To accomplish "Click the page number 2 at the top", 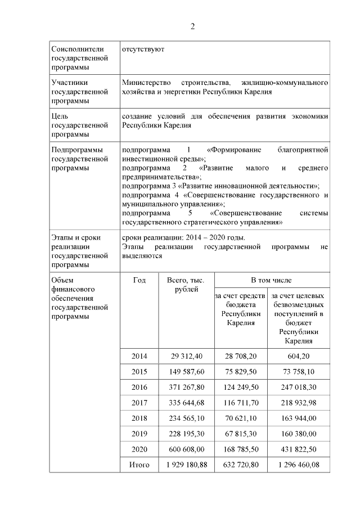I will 192,26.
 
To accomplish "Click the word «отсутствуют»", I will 143,49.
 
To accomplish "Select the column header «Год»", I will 139,280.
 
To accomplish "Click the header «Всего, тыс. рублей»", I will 186,285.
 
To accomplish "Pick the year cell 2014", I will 139,356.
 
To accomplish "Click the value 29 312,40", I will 186,356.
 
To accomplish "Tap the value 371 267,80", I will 186,388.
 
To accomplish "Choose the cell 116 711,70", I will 241,403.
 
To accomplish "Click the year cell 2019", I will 139,434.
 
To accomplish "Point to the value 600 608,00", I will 186,449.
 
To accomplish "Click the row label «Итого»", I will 139,465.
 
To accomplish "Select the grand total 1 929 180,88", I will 186,465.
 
